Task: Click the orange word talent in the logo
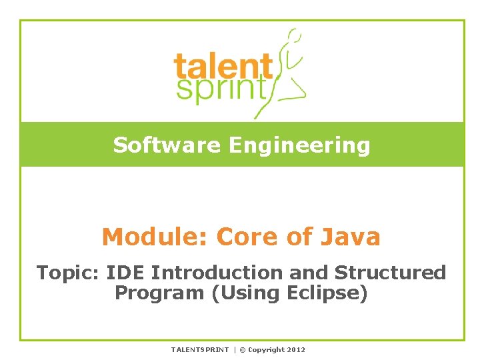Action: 223,67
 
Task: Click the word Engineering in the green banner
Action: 299,145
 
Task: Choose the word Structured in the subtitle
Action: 390,273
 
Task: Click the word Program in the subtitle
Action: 160,293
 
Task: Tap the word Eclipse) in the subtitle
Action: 327,293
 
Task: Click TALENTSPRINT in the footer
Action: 199,349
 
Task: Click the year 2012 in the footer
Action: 296,349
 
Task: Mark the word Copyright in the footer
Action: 266,349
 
